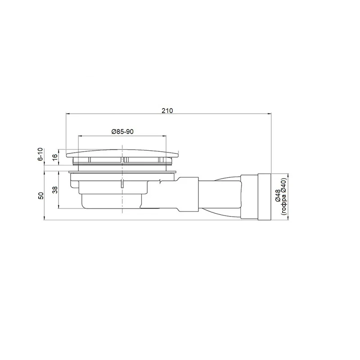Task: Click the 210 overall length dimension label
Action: (167, 110)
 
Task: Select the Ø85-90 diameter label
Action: (122, 131)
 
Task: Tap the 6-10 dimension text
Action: (40, 154)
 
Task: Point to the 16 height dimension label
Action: (55, 157)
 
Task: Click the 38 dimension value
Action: (55, 189)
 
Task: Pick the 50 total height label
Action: (40, 196)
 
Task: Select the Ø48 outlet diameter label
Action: (277, 196)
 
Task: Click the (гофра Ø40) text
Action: (283, 197)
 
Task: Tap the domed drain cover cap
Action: (122, 153)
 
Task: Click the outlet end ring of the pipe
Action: (265, 197)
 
